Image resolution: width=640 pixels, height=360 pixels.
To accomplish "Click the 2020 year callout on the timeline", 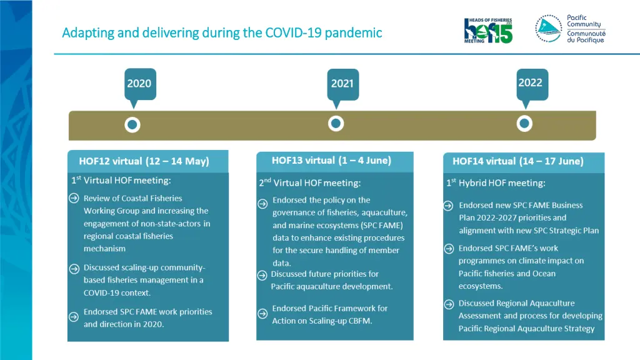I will click(139, 83).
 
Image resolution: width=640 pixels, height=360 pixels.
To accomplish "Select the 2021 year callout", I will click(342, 83).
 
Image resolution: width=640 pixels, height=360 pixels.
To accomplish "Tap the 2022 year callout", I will click(531, 82).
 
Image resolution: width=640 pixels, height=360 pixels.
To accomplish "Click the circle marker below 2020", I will click(132, 125).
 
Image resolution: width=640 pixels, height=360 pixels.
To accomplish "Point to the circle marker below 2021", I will click(336, 124).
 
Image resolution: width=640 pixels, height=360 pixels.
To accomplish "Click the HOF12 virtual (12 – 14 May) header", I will click(144, 161).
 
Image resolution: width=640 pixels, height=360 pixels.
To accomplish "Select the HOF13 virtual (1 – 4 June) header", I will click(331, 161).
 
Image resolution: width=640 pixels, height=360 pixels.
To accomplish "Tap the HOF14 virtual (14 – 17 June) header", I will click(518, 161).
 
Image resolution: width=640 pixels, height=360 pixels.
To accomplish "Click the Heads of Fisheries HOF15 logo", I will click(488, 30).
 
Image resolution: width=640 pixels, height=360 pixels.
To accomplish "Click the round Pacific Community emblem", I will click(548, 28).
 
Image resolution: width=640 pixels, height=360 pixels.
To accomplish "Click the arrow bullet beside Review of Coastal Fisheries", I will click(74, 199).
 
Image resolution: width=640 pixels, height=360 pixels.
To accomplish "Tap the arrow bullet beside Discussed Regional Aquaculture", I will click(449, 304).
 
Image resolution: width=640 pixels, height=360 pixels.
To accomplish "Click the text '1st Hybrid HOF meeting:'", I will click(496, 183).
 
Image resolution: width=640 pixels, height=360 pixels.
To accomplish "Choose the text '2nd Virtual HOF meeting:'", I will click(310, 183).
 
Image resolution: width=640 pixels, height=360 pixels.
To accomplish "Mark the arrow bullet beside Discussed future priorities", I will click(262, 275).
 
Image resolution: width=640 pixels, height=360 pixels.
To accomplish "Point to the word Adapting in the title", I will click(88, 32).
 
